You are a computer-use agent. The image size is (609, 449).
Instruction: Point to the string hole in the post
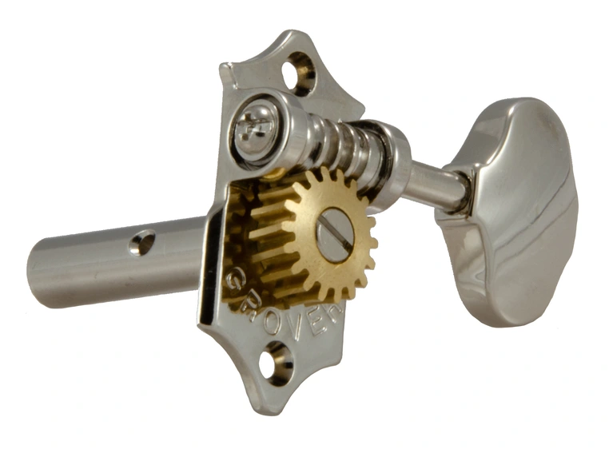[144, 241]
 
